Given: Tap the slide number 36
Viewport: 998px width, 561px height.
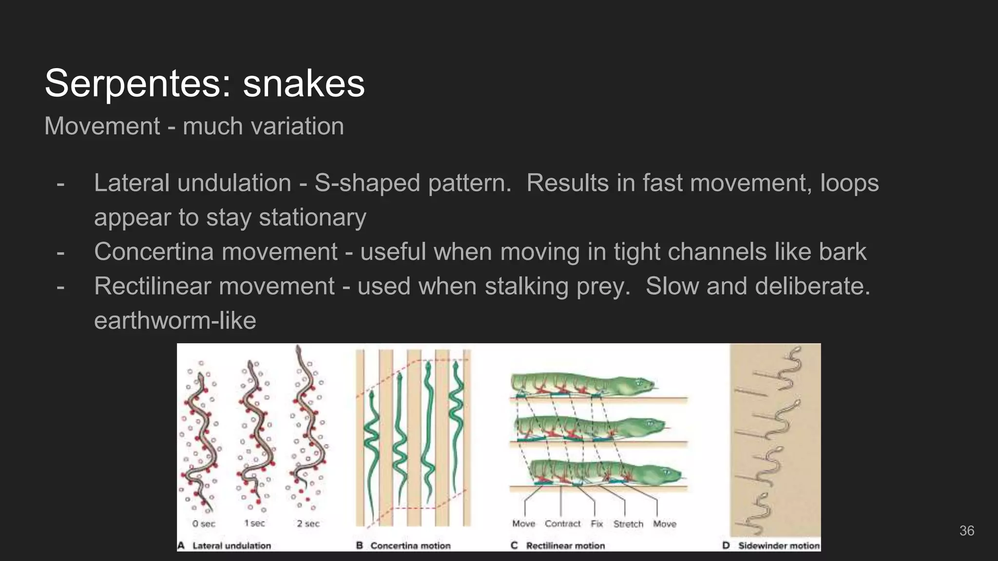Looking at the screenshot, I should click(966, 531).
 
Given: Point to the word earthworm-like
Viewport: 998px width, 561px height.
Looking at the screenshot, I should click(175, 320).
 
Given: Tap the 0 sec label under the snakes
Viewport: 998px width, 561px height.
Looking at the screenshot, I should click(203, 524).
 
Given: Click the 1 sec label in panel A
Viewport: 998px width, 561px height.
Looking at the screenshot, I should click(254, 524).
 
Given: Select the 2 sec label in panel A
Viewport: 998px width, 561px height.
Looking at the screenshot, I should click(308, 524).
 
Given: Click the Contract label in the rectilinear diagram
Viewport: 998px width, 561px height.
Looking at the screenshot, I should click(562, 524).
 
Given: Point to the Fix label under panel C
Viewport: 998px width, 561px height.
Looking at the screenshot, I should click(596, 524).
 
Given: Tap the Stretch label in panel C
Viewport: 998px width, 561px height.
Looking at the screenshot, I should click(628, 524).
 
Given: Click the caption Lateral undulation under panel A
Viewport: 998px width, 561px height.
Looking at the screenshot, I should click(231, 546).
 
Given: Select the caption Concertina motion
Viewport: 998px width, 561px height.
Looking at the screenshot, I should click(410, 546).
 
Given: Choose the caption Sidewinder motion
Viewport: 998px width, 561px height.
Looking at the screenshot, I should click(779, 546).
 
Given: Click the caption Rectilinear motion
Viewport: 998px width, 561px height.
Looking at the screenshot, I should click(565, 546).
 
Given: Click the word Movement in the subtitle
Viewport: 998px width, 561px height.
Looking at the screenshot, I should click(102, 126).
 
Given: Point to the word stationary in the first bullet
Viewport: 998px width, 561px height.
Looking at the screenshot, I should click(312, 217).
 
